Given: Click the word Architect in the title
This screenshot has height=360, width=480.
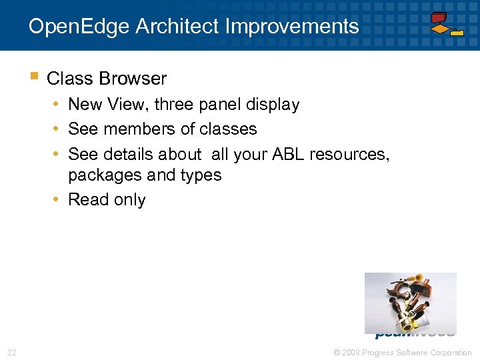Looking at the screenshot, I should coord(177,27).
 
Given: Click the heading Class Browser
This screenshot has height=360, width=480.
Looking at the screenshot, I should coord(107,79).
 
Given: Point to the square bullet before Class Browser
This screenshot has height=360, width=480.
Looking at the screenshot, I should coord(34,77).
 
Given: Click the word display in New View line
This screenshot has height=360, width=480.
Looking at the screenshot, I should coord(273,105).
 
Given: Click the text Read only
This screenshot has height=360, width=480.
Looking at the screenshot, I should coord(107,200).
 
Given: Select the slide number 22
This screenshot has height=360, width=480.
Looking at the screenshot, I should coord(11,352).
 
